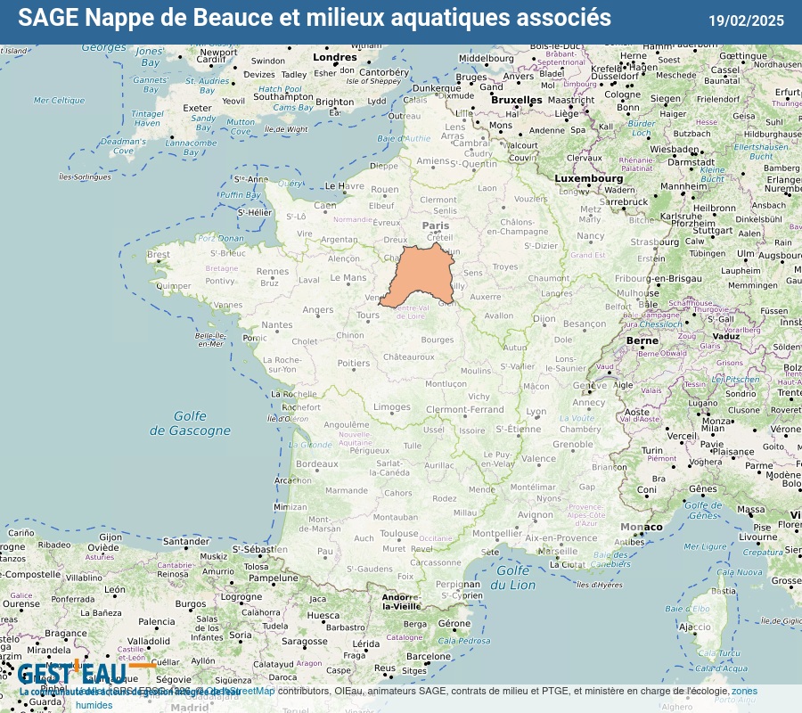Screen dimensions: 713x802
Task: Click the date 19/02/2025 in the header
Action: (x=746, y=20)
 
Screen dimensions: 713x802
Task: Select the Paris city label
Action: (x=435, y=226)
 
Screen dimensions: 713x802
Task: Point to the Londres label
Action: (x=335, y=58)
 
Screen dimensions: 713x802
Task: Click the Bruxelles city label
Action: (x=517, y=100)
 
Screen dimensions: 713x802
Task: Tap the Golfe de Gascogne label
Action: (x=190, y=423)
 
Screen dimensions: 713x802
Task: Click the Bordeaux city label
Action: (x=317, y=463)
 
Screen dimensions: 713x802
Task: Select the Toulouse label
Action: (x=399, y=534)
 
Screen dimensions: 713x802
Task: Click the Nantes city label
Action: (x=276, y=325)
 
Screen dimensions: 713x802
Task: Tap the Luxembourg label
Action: (x=589, y=178)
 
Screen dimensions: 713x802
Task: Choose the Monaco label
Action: (x=641, y=527)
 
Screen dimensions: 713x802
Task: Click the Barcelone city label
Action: (x=429, y=657)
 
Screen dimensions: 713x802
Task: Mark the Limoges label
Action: (x=392, y=407)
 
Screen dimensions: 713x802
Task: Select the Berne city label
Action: (x=642, y=340)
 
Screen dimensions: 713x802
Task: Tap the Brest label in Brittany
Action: (x=159, y=255)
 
